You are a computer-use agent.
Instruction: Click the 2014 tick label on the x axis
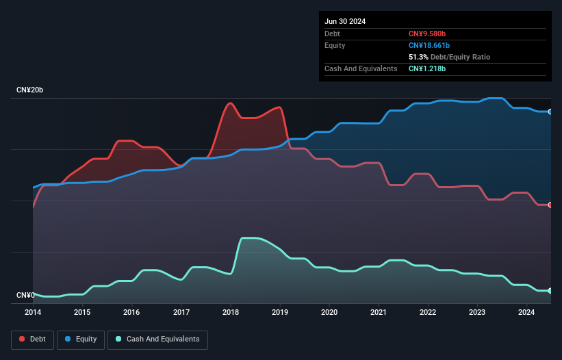(33, 313)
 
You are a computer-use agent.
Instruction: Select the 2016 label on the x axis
(131, 313)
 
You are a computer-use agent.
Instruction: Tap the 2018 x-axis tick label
(231, 313)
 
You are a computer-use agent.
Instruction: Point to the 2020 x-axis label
(329, 313)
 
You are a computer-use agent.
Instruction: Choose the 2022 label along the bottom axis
(428, 313)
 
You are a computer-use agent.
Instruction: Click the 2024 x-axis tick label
(526, 313)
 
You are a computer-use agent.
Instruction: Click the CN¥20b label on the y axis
(30, 90)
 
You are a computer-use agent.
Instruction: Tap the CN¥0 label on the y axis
(25, 295)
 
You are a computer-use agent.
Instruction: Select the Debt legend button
(32, 339)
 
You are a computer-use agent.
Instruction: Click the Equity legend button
(81, 339)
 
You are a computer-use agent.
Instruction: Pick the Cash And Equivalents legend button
(157, 339)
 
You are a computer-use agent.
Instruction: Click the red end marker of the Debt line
(550, 205)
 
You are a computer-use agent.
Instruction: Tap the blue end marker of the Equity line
(550, 112)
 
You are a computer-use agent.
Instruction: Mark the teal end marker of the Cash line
(550, 291)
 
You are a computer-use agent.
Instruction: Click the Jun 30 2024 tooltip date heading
(345, 21)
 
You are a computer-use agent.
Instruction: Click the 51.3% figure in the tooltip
(420, 57)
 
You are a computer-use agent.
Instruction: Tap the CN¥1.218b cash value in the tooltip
(427, 68)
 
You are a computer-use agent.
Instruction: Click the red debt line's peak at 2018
(230, 103)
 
